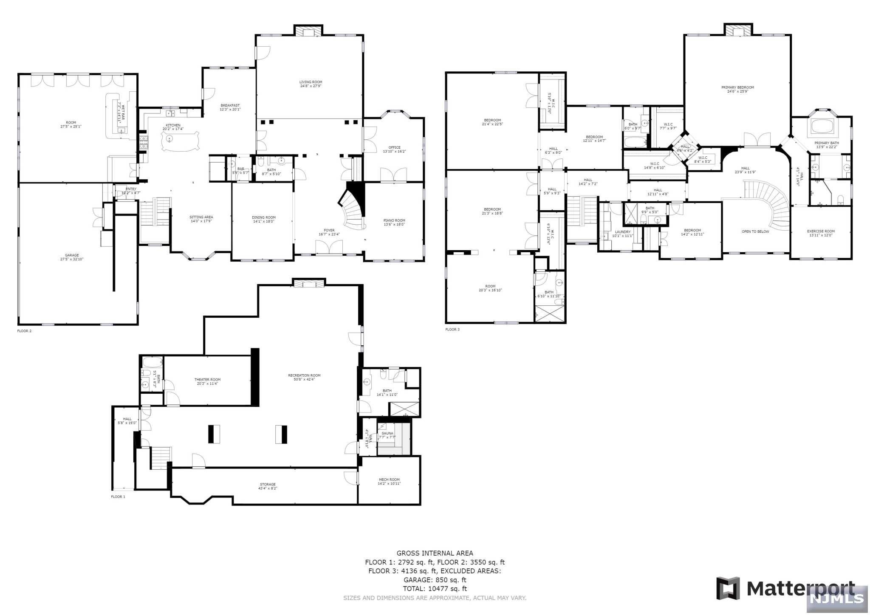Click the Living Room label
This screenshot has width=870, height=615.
[311, 82]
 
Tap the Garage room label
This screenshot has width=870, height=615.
[72, 255]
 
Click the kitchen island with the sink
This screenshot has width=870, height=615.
[180, 140]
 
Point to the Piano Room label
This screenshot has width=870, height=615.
[394, 220]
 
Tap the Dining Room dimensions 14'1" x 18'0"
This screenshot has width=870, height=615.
[263, 221]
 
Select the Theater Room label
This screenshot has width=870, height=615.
[207, 380]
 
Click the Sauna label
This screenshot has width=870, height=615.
[387, 433]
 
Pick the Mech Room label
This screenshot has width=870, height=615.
[389, 480]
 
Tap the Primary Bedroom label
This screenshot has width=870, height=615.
[737, 87]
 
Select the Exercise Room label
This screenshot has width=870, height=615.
[821, 231]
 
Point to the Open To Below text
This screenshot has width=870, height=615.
[755, 231]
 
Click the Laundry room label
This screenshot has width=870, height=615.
[622, 232]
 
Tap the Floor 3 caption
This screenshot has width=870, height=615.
[452, 329]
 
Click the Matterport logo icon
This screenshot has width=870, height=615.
[728, 588]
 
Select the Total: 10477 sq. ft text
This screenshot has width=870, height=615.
[435, 589]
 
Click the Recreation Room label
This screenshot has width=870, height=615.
[304, 375]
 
